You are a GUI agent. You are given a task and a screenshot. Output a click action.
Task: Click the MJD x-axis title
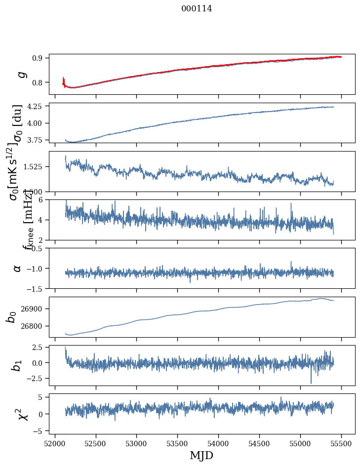201,455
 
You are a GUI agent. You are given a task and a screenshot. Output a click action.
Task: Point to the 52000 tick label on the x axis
55,443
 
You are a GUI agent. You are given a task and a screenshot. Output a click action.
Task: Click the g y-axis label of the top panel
21,74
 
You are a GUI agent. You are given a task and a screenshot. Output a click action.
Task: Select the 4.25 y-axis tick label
36,107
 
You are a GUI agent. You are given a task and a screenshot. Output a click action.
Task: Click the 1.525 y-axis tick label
34,167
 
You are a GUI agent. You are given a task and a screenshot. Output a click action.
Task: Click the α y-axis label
18,268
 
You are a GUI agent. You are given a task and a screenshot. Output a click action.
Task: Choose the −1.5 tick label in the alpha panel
36,288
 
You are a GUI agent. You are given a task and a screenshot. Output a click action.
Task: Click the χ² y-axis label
22,414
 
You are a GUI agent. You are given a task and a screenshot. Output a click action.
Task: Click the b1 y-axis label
17,365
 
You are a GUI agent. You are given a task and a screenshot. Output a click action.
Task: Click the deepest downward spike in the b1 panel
311,383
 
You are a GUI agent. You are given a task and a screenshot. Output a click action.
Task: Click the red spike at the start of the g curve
63,80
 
